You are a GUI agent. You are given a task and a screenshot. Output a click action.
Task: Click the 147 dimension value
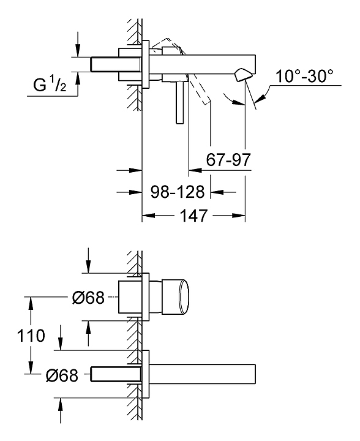coord(193,216)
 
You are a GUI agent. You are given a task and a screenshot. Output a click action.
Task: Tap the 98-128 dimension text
coord(178,192)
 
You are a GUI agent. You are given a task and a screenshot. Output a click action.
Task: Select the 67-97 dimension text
coord(228,160)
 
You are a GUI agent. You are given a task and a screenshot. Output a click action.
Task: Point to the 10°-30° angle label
coord(304,76)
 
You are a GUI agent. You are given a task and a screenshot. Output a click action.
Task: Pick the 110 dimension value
coord(31,336)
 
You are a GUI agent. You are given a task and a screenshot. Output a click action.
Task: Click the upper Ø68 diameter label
coord(88,298)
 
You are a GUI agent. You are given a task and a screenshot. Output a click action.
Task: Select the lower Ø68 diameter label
coord(62,375)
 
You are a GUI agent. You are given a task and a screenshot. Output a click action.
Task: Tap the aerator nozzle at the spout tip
coord(242,75)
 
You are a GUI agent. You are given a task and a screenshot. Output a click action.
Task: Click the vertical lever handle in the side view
coord(179,103)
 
